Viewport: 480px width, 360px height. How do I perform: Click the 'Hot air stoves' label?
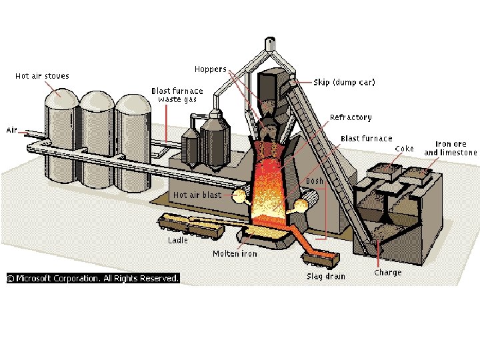[x=42, y=76]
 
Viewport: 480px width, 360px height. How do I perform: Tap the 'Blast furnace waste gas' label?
[x=177, y=95]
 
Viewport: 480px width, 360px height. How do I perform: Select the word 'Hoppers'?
[x=210, y=69]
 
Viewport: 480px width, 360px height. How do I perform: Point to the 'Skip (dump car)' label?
[x=344, y=83]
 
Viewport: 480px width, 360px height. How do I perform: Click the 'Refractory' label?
[x=350, y=117]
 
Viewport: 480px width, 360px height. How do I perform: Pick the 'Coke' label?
[x=404, y=148]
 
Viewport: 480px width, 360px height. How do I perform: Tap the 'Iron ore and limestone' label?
[x=451, y=148]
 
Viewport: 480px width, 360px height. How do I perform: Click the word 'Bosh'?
[x=314, y=181]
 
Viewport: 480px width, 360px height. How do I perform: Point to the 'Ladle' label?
[x=177, y=240]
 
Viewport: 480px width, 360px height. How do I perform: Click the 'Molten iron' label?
[x=235, y=253]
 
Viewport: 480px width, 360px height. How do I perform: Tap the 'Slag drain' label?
[x=326, y=276]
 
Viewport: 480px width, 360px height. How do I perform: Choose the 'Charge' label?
[x=387, y=272]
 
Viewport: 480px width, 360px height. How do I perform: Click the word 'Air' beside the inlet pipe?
[x=12, y=129]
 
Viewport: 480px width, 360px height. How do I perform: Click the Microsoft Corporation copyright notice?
[x=93, y=278]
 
